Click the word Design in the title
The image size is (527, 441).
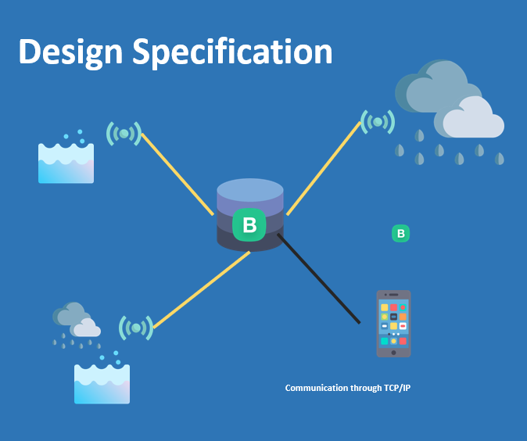[70, 52]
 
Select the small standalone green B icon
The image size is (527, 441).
[400, 233]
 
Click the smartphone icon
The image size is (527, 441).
[393, 323]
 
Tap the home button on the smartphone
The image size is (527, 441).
[393, 351]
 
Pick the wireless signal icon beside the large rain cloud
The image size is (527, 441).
[378, 121]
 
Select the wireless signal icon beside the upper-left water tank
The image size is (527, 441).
[124, 134]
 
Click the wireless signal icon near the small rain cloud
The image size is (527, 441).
[136, 328]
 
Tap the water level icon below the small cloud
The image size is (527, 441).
[102, 383]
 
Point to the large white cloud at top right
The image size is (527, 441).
[473, 120]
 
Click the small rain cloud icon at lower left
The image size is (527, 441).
[77, 321]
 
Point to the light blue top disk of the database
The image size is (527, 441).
[249, 190]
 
